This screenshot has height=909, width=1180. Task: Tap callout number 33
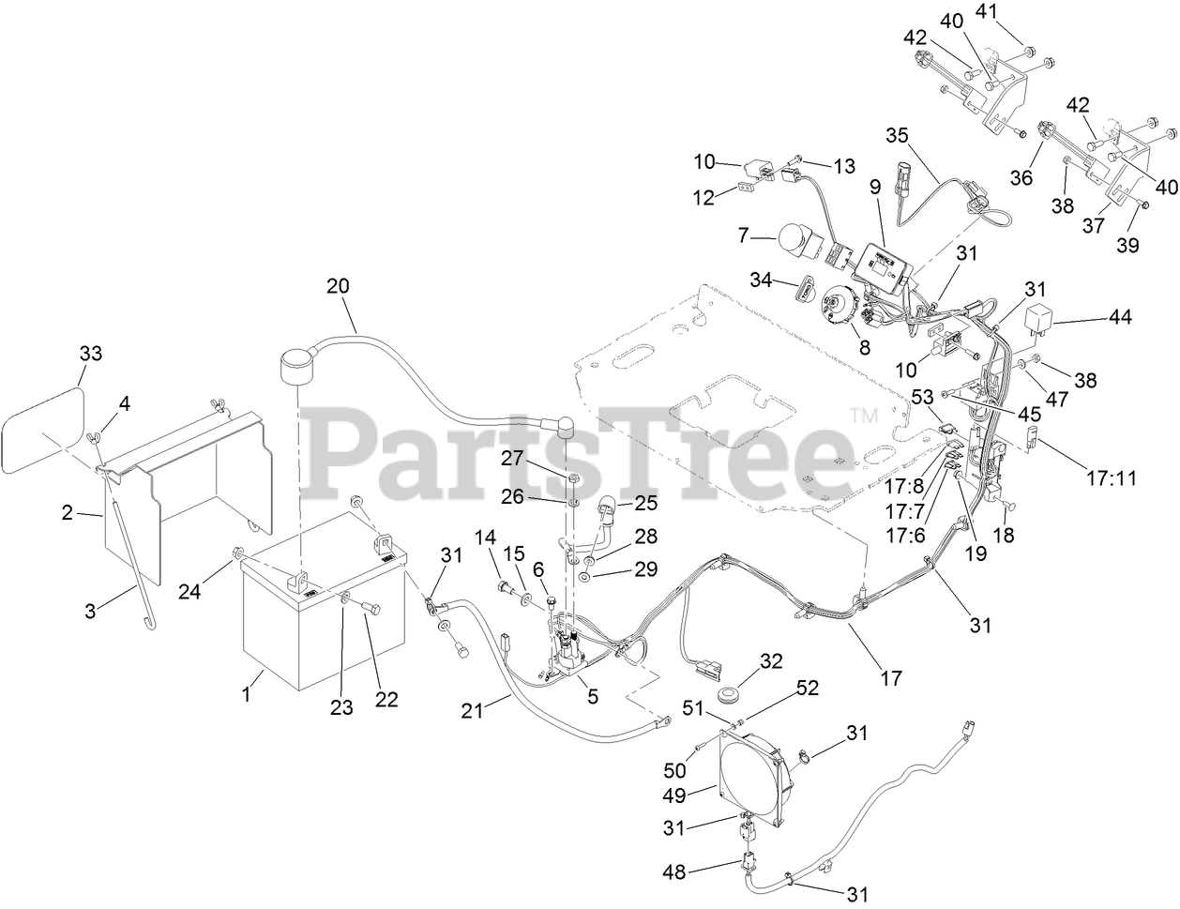90,354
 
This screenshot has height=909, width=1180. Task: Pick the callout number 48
701,871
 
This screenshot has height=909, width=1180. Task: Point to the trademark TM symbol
859,414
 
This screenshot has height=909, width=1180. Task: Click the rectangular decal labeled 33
42,430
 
